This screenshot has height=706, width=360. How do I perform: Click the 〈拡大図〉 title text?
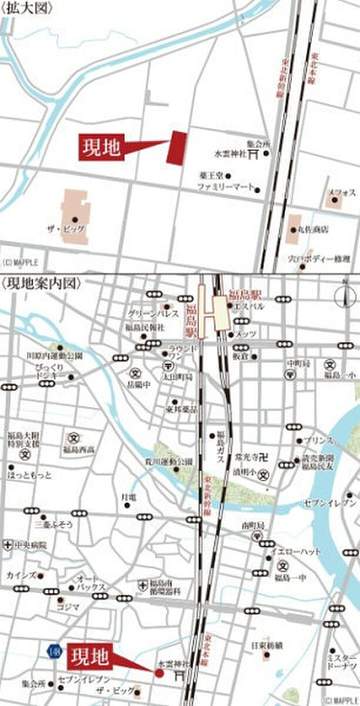pyautogui.click(x=28, y=8)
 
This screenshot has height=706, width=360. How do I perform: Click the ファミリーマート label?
pyautogui.click(x=224, y=188)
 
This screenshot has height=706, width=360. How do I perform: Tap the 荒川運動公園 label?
pyautogui.click(x=168, y=461)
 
